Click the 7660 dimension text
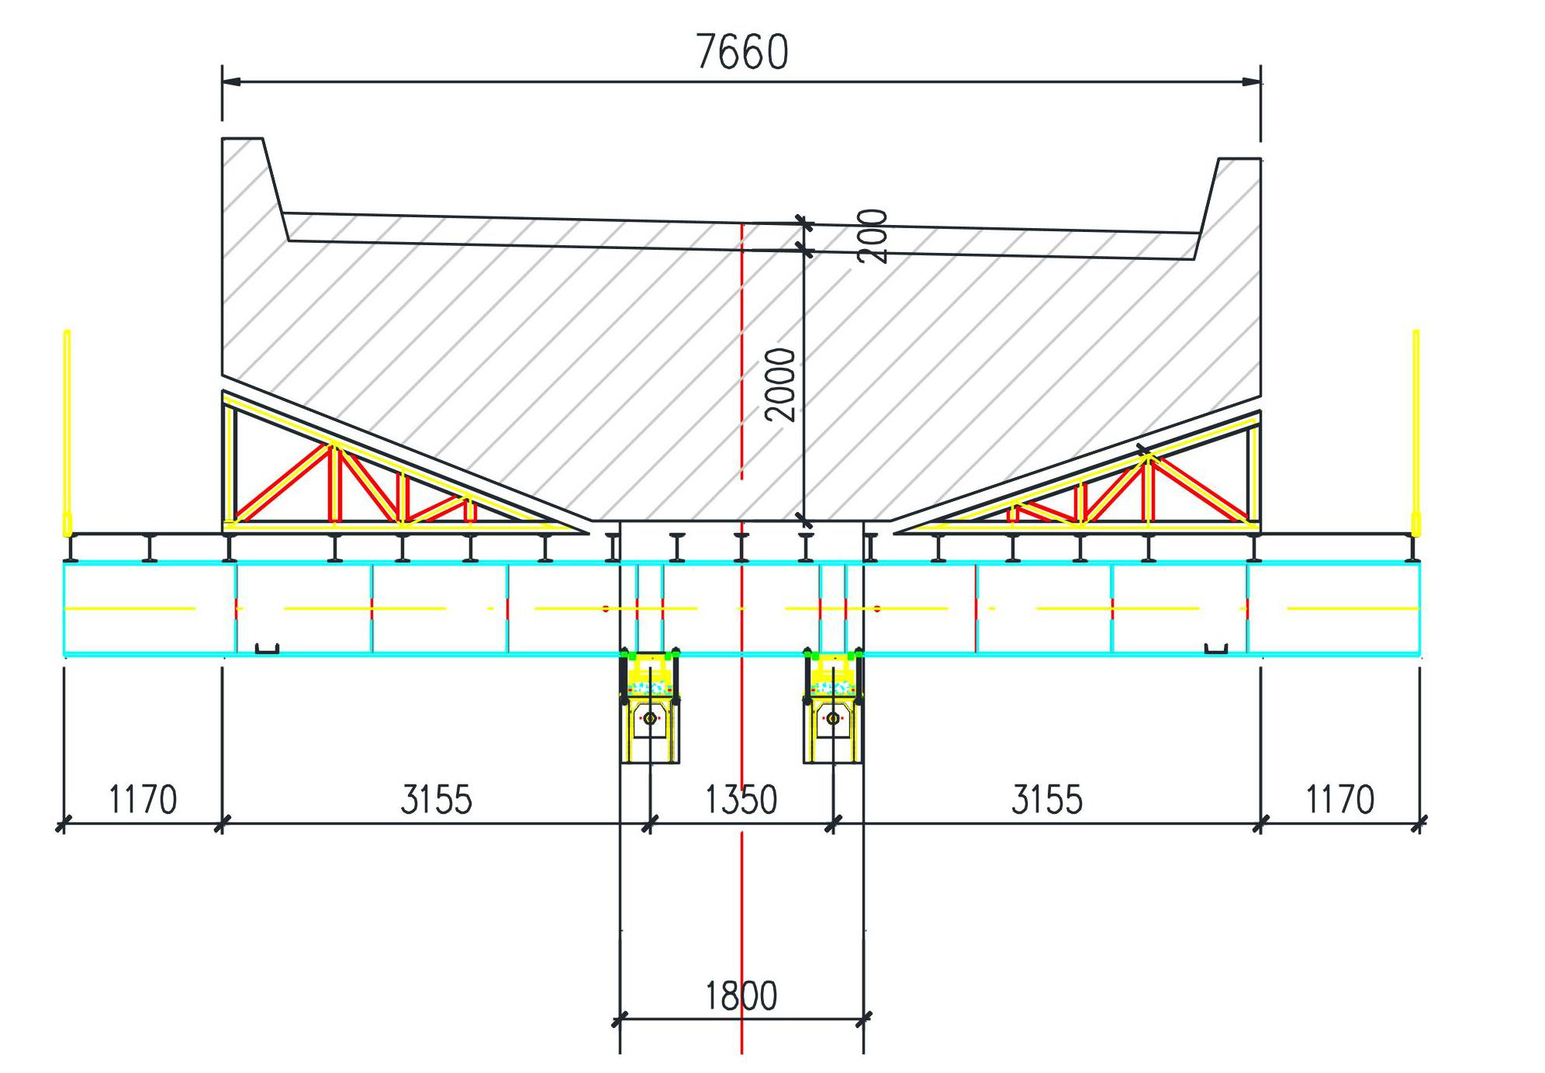pos(742,52)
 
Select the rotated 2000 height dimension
pos(780,385)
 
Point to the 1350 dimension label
pos(741,800)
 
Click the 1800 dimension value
pos(741,996)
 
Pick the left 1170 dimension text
pos(143,800)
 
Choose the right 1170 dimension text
pos(1340,800)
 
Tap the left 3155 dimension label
pos(436,800)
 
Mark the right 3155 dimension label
pos(1047,800)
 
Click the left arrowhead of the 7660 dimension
pos(232,81)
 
